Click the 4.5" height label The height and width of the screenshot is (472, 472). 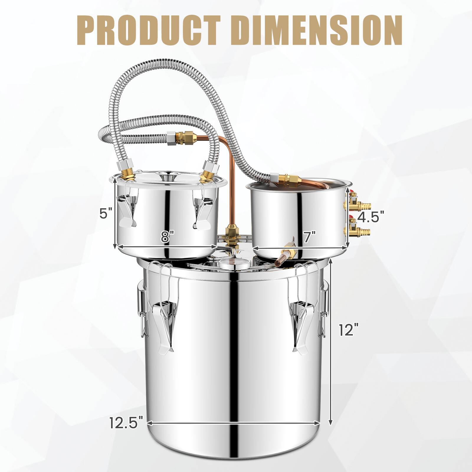pos(371,217)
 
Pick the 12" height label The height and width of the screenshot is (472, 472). pos(349,329)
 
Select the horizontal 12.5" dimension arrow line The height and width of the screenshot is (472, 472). pos(233,423)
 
